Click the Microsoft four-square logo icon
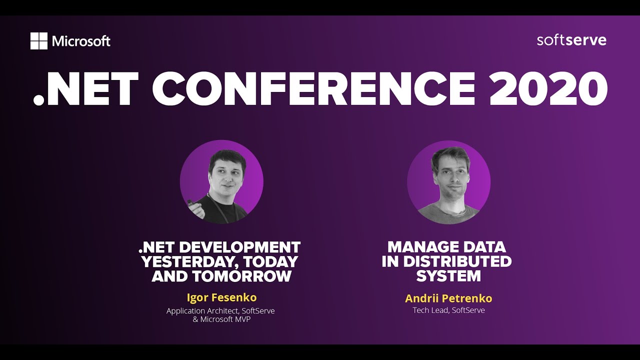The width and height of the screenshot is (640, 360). (38, 41)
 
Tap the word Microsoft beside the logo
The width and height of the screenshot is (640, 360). (81, 41)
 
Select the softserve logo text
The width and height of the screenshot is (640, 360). (571, 40)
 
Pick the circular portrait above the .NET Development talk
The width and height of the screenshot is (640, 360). (221, 181)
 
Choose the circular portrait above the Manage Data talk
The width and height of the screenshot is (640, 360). (448, 181)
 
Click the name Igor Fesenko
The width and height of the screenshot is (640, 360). (221, 297)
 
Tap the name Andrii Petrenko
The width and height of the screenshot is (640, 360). (448, 298)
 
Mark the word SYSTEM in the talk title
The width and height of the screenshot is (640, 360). (448, 276)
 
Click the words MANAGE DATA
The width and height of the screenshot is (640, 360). (446, 247)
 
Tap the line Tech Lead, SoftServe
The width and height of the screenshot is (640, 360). (448, 310)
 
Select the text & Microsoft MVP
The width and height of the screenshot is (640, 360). (221, 319)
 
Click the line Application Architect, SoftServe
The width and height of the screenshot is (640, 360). (220, 311)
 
